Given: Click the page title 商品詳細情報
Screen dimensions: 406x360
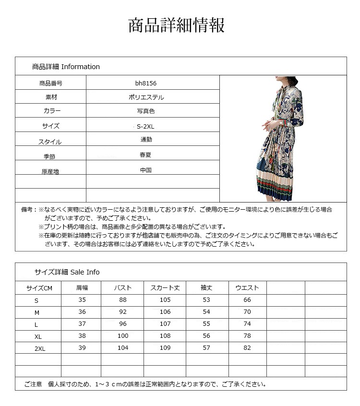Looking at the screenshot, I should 176,25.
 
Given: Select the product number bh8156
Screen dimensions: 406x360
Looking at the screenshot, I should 146,84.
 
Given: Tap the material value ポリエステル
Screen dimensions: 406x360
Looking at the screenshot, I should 146,97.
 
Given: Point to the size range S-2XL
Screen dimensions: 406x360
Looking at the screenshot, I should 146,126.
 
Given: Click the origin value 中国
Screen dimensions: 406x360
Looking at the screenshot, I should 146,170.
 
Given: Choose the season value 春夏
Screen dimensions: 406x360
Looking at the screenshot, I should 146,155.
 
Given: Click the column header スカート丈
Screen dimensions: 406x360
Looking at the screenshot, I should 165,288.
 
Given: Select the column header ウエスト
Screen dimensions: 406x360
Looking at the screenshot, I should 247,288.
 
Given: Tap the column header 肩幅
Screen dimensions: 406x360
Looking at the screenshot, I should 82,288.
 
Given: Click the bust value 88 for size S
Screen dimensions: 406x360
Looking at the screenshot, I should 123,300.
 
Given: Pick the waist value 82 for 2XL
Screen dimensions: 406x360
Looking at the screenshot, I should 247,348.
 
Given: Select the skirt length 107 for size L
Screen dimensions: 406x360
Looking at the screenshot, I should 165,324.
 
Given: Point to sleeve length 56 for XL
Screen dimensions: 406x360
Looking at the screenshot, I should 206,336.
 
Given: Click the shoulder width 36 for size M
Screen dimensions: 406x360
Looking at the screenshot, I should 82,312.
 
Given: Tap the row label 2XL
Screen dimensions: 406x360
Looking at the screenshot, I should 40,348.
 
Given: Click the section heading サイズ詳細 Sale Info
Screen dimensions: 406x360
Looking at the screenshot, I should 67,272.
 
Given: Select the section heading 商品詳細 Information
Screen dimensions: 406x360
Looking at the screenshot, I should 66,67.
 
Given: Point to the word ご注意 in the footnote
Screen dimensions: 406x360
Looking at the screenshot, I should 33,384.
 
